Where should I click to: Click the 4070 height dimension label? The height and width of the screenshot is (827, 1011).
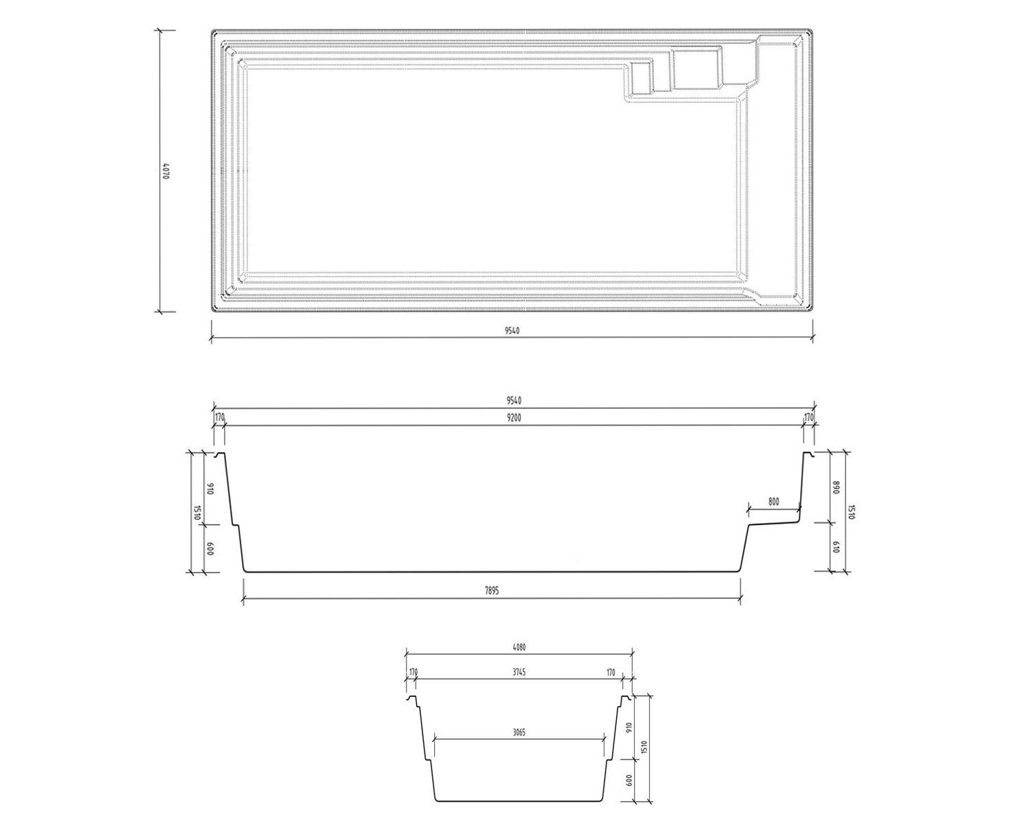(x=166, y=171)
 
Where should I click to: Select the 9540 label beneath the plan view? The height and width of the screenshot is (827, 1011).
(x=512, y=330)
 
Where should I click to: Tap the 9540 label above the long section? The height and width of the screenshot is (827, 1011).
(x=514, y=400)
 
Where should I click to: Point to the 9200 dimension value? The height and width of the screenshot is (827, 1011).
(x=514, y=418)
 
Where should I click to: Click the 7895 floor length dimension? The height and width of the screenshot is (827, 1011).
(x=491, y=591)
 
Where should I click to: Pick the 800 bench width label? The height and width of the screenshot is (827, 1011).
(x=773, y=502)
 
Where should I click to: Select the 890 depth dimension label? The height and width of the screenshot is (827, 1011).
(x=837, y=487)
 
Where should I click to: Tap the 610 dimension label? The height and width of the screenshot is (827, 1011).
(x=837, y=547)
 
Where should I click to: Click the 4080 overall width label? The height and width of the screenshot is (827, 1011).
(x=519, y=647)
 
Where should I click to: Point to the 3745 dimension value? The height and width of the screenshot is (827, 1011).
(x=519, y=672)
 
